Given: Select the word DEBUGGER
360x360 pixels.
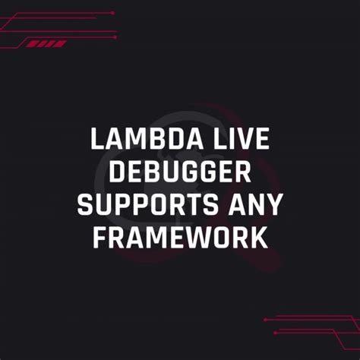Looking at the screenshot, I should pyautogui.click(x=180, y=172).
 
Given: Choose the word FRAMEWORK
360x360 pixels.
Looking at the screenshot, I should pyautogui.click(x=180, y=238).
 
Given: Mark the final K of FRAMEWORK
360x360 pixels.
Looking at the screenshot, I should pyautogui.click(x=260, y=238).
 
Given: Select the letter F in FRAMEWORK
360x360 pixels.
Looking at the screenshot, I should pyautogui.click(x=99, y=238).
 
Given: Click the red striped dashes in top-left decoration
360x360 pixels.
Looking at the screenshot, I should pyautogui.click(x=47, y=44).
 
